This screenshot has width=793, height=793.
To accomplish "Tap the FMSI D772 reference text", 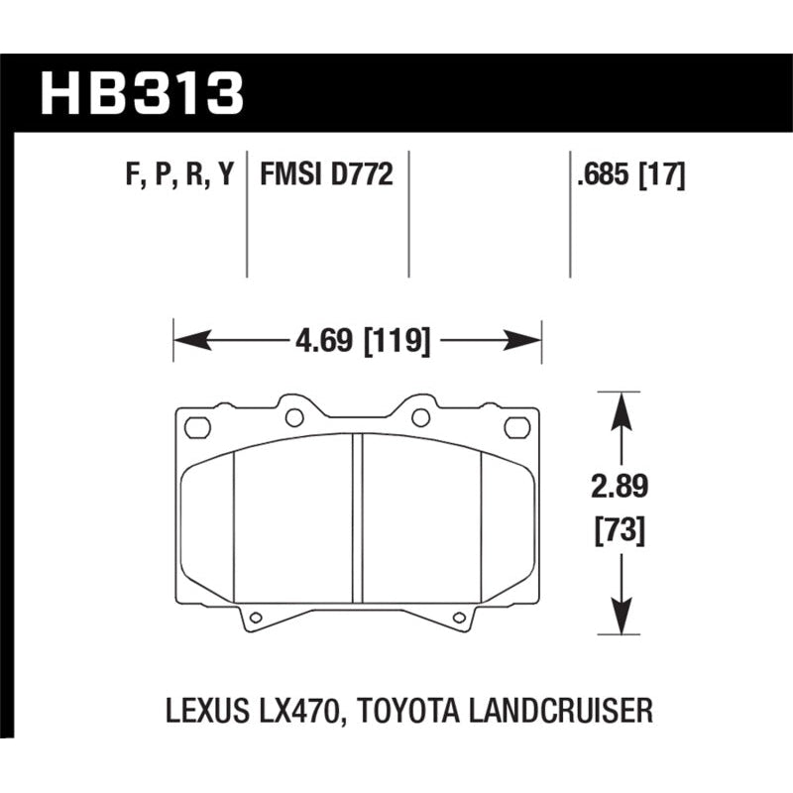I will click(x=327, y=176).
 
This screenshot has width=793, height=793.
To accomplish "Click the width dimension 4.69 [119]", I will click(x=361, y=342).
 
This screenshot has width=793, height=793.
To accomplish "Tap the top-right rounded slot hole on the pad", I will click(x=517, y=427).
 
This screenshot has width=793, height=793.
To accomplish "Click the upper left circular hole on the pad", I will click(x=293, y=417).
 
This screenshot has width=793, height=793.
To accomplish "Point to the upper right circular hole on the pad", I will click(x=420, y=417).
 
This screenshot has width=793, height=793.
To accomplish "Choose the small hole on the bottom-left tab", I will click(x=256, y=620).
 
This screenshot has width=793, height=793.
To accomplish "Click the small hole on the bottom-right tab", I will click(x=458, y=620).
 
